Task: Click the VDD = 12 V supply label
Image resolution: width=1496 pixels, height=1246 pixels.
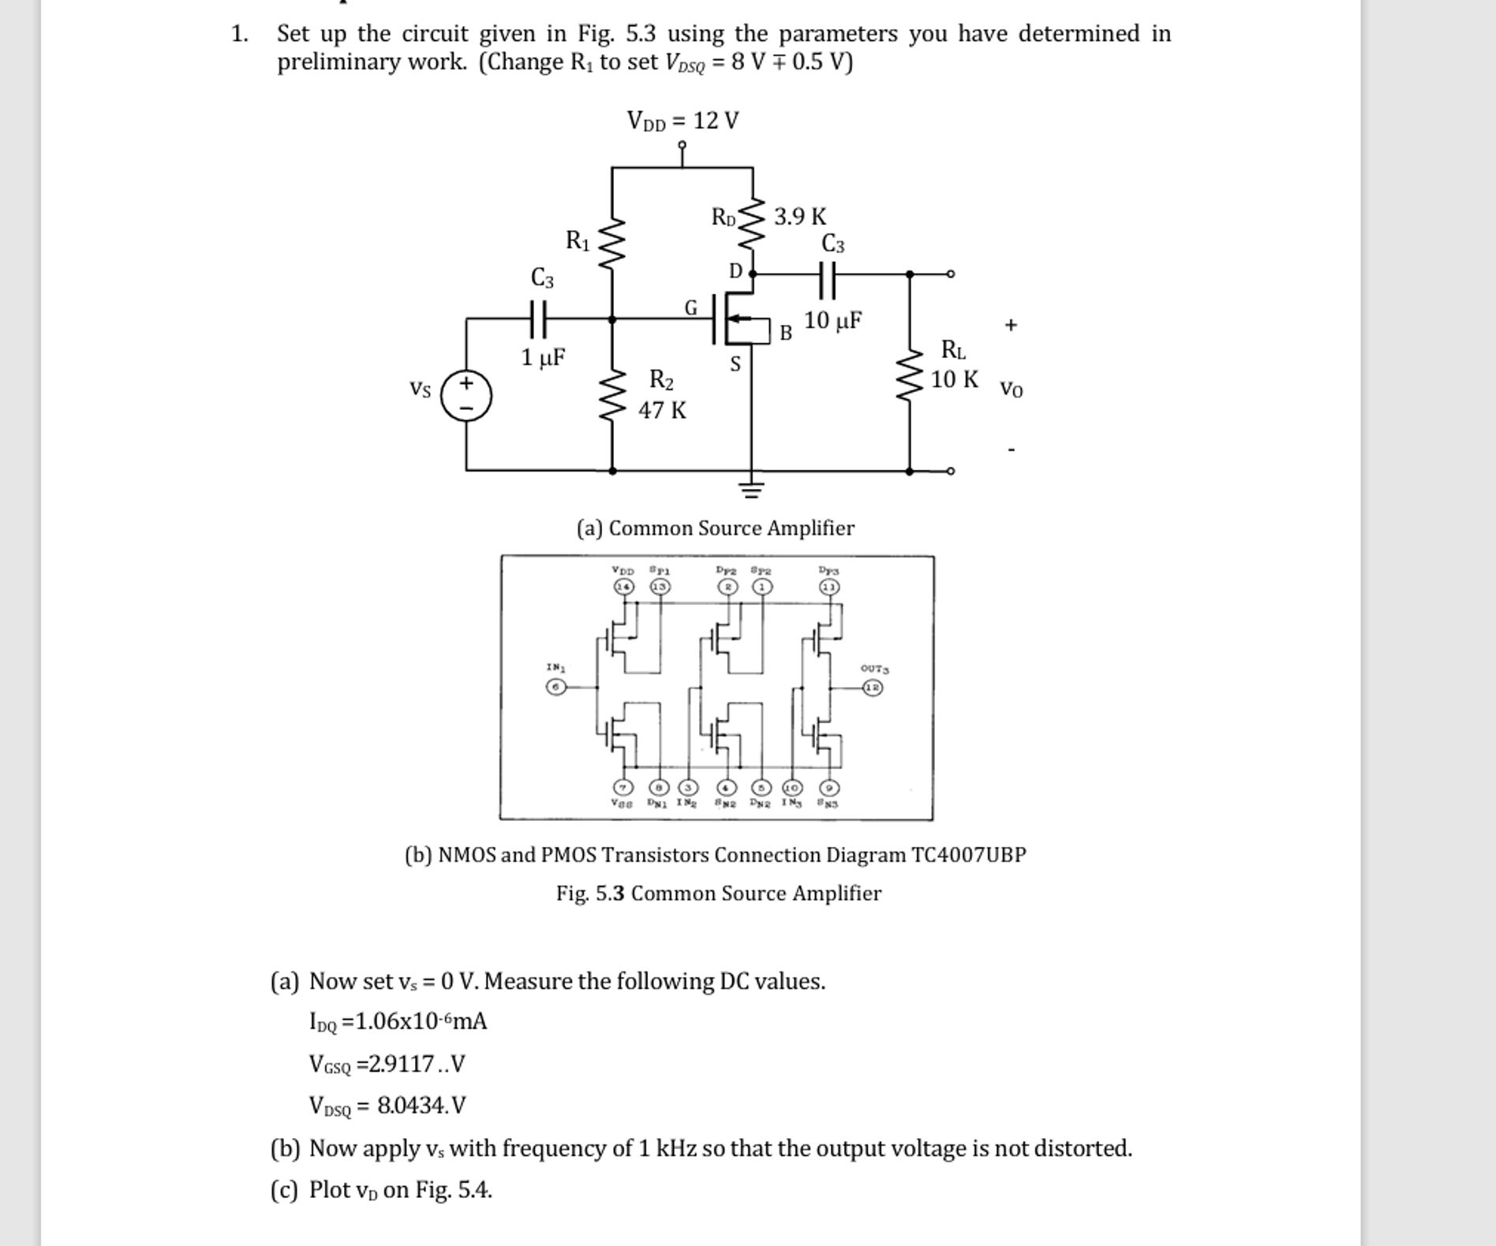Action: point(683,121)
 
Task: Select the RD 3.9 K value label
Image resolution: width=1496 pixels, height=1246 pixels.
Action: point(799,216)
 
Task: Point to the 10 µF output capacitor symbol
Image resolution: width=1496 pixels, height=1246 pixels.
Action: point(827,279)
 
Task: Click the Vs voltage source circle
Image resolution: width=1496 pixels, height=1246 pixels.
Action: point(466,395)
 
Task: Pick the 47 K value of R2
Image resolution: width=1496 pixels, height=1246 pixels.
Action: point(662,410)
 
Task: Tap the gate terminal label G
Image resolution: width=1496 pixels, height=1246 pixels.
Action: point(690,308)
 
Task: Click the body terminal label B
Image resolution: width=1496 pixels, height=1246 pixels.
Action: point(785,333)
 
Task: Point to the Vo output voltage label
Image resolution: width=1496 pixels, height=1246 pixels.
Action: point(1011,389)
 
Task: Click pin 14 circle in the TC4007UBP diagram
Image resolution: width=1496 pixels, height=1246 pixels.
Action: point(623,587)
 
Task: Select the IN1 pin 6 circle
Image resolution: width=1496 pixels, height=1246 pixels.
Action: point(556,687)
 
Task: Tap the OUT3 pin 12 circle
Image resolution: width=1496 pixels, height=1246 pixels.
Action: point(872,688)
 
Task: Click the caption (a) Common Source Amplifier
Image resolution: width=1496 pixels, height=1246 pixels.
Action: point(715,528)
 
